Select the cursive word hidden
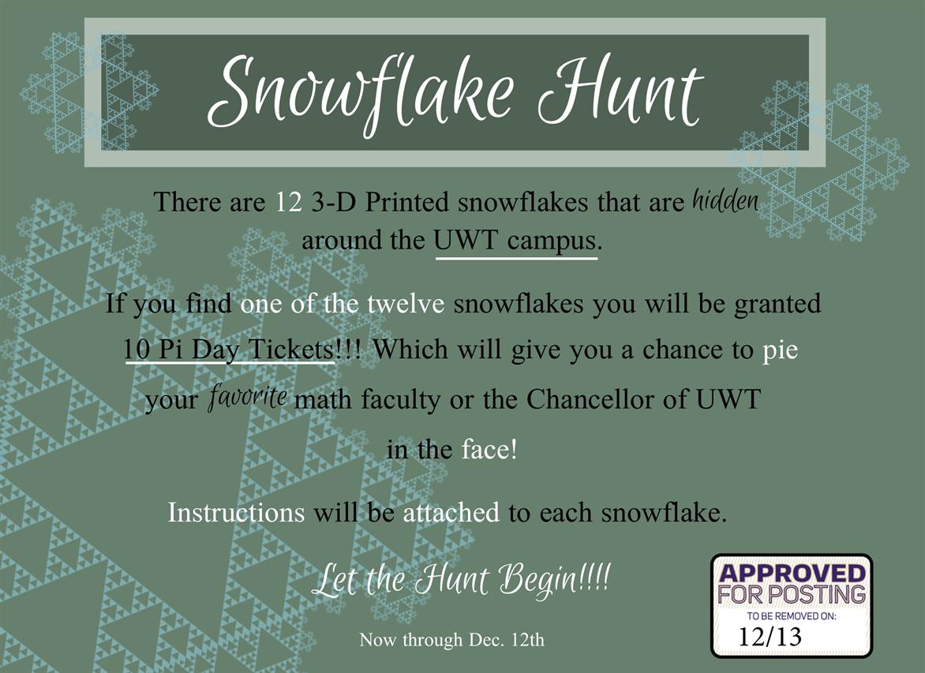click(x=725, y=202)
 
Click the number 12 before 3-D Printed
click(x=289, y=202)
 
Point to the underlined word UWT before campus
click(x=466, y=241)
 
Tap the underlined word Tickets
click(x=291, y=350)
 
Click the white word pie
click(x=780, y=350)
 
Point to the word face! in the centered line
click(x=489, y=450)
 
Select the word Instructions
click(x=237, y=512)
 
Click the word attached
click(x=451, y=513)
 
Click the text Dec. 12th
click(x=506, y=639)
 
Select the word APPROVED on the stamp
click(x=792, y=573)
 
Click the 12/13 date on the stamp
click(x=770, y=637)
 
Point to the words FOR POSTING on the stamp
click(x=792, y=594)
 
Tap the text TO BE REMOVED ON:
click(x=792, y=615)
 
